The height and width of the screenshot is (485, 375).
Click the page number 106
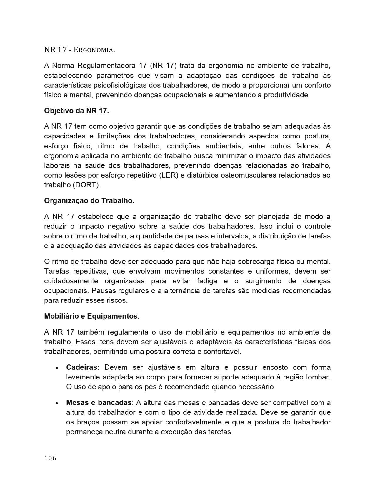click(x=50, y=458)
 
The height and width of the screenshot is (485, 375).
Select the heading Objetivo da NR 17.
click(x=76, y=111)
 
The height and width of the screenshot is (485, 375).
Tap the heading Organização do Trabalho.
click(x=89, y=201)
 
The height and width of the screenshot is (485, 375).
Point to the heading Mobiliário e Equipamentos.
click(x=92, y=316)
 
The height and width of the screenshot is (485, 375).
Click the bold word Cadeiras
click(x=81, y=367)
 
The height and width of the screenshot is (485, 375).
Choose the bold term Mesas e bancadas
click(x=99, y=403)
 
